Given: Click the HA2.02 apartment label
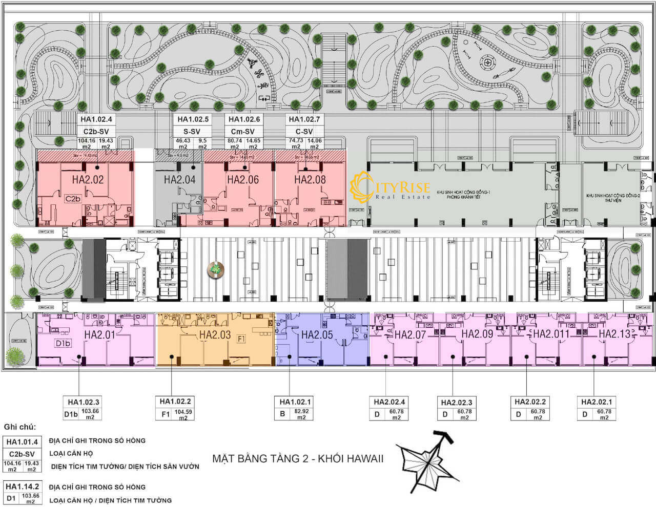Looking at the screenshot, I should pos(88,180).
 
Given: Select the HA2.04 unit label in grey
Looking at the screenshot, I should pos(179,180).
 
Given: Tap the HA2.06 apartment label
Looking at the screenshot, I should pos(243,180).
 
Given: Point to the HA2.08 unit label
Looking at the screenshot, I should pos(310,180).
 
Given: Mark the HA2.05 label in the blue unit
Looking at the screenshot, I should pos(317,334).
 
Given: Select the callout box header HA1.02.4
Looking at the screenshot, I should pos(97,119).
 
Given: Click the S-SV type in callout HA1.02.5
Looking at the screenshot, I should pos(192,131).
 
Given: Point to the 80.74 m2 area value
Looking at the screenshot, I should pos(235,143).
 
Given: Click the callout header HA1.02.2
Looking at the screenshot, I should pos(175,402).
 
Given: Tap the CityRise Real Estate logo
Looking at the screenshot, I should pos(389,188).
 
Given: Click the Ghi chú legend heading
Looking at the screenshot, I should pos(20,427).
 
